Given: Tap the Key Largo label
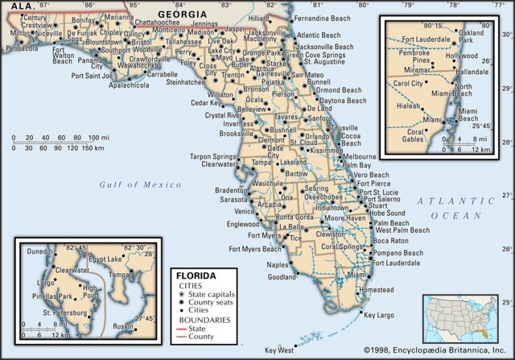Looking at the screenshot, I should pyautogui.click(x=380, y=316).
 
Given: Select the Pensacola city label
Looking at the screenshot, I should pyautogui.click(x=21, y=48).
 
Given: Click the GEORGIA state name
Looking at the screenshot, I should pyautogui.click(x=182, y=14).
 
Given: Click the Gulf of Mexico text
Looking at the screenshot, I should pyautogui.click(x=130, y=184).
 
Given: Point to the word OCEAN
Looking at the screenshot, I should pyautogui.click(x=455, y=215).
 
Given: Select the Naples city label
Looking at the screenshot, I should pyautogui.click(x=277, y=264).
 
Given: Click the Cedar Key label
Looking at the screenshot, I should pyautogui.click(x=206, y=103).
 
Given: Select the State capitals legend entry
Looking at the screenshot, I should pyautogui.click(x=213, y=296).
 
